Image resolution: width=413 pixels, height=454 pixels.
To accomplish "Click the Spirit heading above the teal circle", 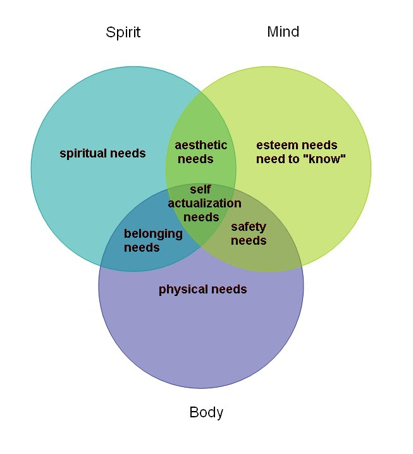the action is [x=123, y=32].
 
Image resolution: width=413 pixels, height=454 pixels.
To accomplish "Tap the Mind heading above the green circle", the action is [x=283, y=32].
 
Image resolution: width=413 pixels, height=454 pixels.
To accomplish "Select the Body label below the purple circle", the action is [x=206, y=412].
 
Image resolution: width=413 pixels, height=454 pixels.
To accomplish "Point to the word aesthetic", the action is [x=200, y=145].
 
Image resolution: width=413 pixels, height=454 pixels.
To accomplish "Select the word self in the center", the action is [x=200, y=189].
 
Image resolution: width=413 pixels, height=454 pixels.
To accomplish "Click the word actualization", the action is [x=204, y=203].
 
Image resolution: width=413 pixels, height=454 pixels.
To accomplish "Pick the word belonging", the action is [x=153, y=234].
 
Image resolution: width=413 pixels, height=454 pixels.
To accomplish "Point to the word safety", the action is [x=249, y=227].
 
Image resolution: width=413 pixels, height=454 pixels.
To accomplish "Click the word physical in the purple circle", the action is [x=183, y=290].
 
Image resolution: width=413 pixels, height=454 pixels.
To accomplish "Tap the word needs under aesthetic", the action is [x=195, y=159].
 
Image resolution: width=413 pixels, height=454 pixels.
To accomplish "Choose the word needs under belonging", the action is [x=142, y=248].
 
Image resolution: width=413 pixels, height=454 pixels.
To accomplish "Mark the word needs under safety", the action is [x=249, y=241].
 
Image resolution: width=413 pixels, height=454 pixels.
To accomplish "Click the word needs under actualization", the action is [x=201, y=217].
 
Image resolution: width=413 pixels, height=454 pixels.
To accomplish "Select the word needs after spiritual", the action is [x=128, y=154].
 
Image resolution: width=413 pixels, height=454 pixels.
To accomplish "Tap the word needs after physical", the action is [x=229, y=289].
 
